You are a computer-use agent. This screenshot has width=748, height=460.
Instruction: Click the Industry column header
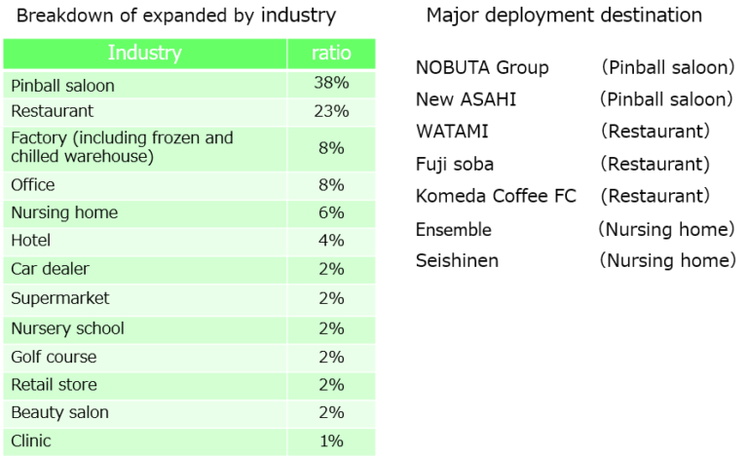144,53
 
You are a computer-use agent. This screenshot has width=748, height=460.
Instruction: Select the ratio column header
331,53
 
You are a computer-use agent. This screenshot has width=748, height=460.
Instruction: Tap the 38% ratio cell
331,83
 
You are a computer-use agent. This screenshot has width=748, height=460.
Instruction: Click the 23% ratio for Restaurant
331,111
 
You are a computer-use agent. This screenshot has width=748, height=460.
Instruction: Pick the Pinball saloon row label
62,86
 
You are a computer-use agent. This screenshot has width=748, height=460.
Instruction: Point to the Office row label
32,184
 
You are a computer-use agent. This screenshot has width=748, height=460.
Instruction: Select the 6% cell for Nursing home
331,212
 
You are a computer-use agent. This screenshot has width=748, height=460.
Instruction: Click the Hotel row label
30,240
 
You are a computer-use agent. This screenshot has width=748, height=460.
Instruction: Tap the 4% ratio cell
331,240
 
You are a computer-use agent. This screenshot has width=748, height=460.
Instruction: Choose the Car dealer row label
50,269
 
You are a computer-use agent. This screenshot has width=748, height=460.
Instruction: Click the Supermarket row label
60,299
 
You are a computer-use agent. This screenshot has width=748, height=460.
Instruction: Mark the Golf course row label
54,357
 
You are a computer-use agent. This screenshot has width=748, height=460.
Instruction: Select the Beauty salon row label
59,412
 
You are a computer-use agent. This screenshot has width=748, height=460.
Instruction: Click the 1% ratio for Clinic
331,441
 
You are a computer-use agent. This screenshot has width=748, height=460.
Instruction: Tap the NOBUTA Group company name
482,68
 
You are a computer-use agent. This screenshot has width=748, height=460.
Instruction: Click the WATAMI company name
452,132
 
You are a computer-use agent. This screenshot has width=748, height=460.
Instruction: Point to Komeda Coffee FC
496,196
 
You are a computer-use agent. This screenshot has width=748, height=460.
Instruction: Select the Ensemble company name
454,230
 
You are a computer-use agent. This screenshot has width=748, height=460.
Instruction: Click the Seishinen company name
457,260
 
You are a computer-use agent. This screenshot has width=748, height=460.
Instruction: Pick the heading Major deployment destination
564,16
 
